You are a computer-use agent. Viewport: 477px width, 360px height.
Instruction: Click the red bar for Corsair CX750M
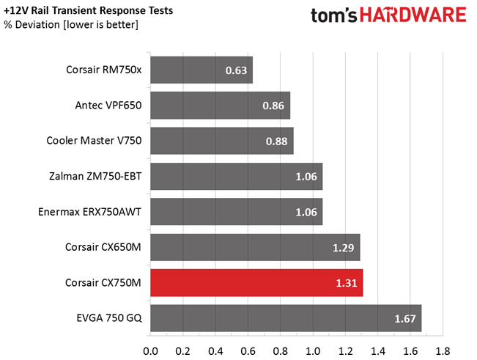tap(256, 282)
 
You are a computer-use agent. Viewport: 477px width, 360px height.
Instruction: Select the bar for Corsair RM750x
tap(201, 71)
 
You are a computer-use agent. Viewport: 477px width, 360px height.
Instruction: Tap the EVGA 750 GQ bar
tap(286, 317)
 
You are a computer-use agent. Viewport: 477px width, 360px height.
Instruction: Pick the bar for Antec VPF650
tap(220, 106)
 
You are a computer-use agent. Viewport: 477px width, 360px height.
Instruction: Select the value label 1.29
tap(343, 248)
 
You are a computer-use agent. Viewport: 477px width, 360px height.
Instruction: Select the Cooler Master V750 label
tap(94, 142)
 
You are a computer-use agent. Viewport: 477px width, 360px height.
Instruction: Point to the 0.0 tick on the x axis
tap(151, 349)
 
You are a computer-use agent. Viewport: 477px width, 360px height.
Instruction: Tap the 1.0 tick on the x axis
tap(314, 349)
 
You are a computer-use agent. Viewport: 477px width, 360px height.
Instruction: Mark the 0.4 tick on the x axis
tap(216, 349)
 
